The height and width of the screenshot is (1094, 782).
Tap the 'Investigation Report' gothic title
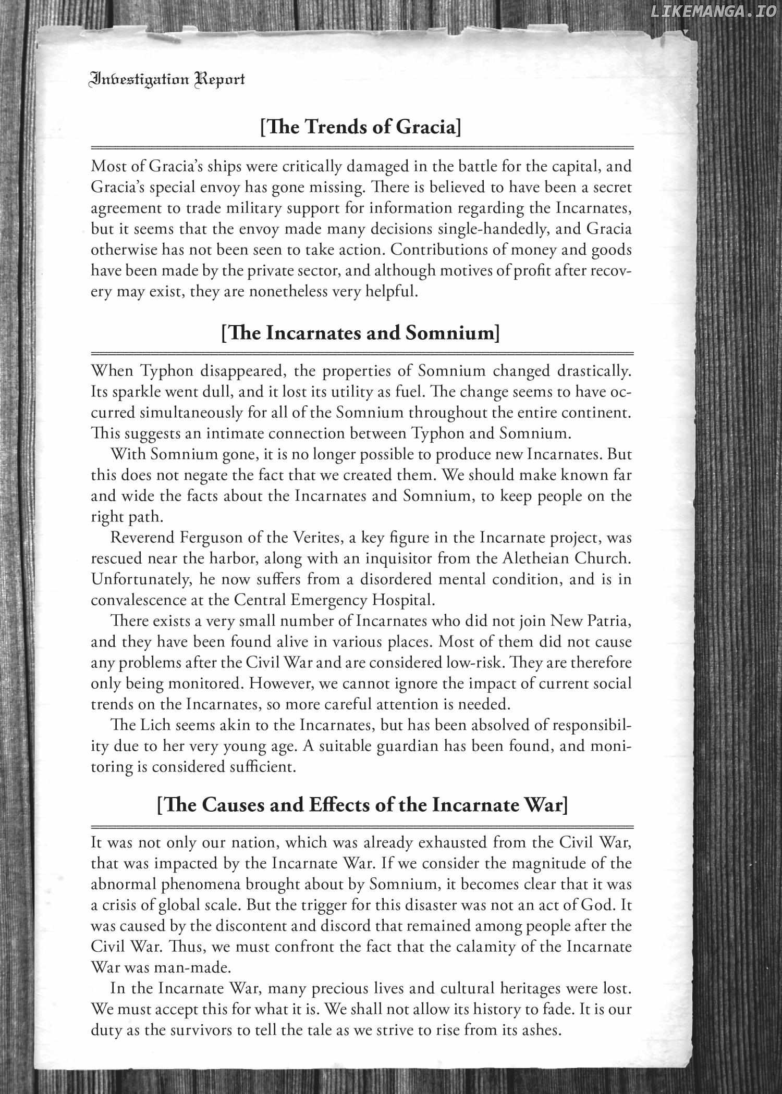(x=167, y=79)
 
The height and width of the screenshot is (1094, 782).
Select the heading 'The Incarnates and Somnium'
(x=361, y=332)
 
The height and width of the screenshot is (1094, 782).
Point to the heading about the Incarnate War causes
(x=362, y=805)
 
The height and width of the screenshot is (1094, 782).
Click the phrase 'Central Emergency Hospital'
(x=333, y=600)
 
